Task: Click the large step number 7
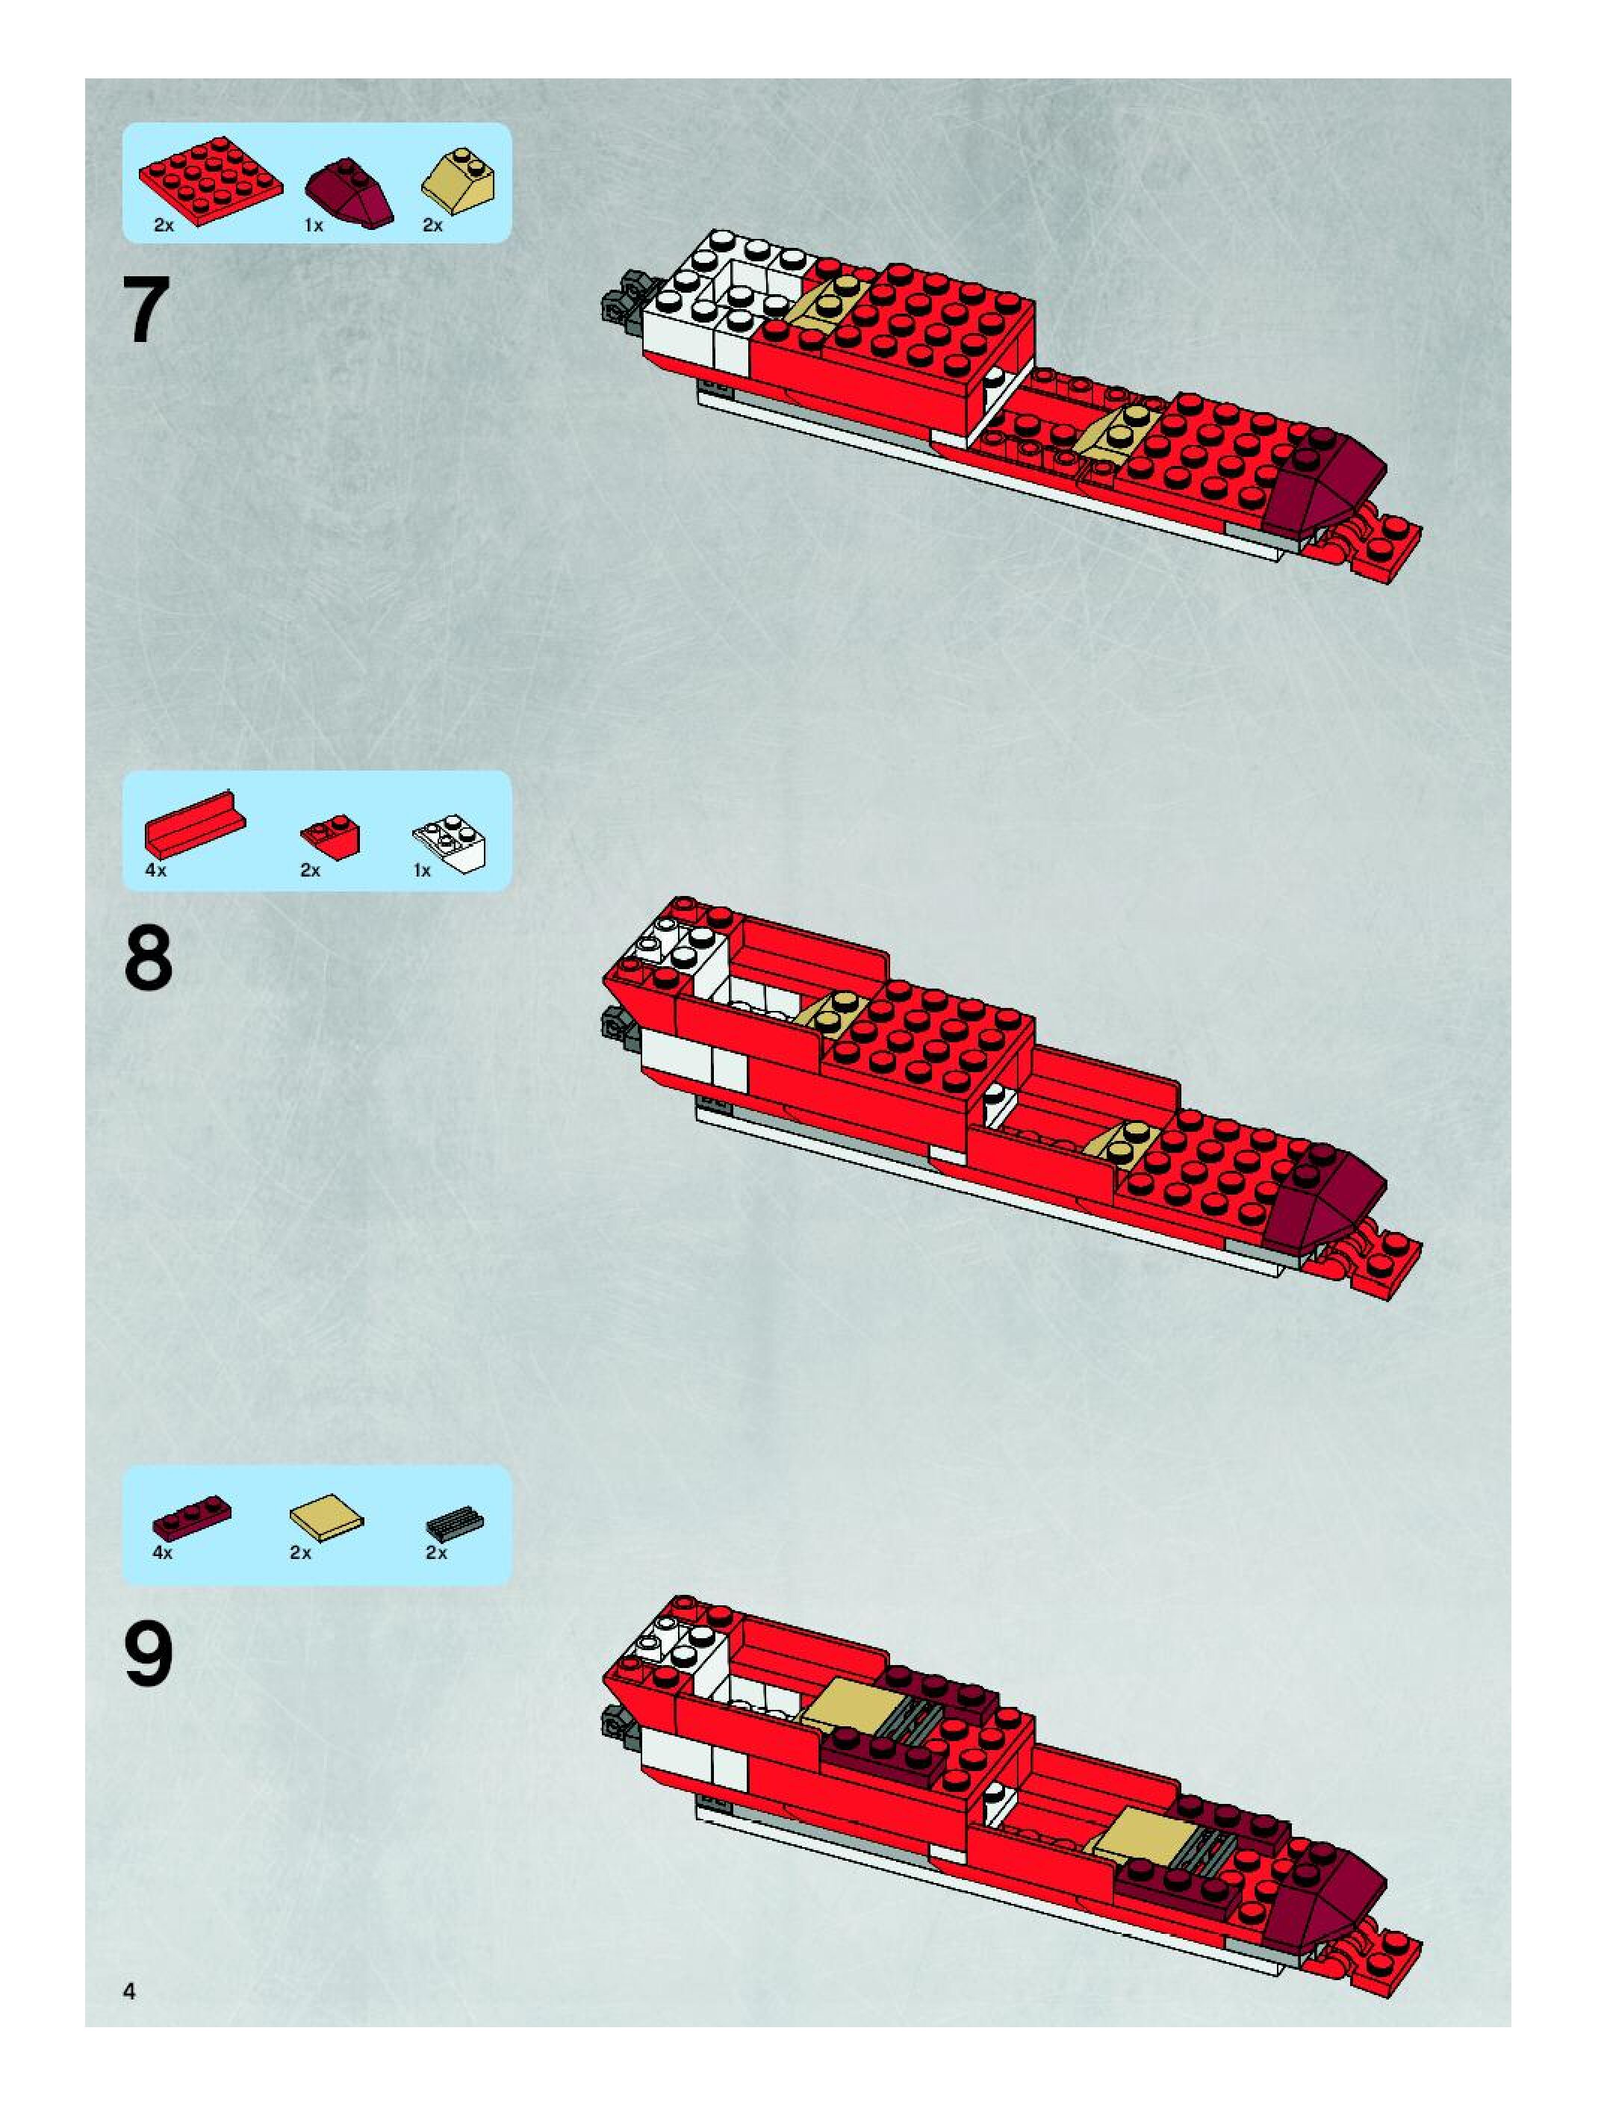point(147,309)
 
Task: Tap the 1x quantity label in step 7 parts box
point(314,226)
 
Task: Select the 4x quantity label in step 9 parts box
point(162,1553)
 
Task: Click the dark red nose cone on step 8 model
point(1328,1189)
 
